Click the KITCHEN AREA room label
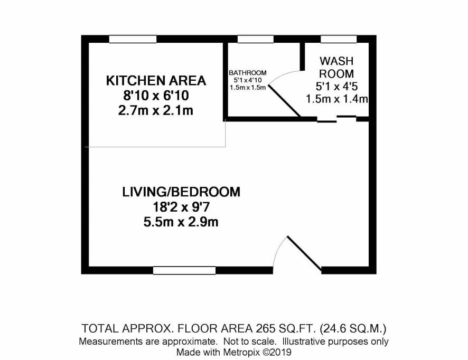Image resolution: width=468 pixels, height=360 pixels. (x=156, y=81)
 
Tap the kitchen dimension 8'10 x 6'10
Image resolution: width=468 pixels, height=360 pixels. (x=156, y=96)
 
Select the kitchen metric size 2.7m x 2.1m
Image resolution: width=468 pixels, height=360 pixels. (x=156, y=111)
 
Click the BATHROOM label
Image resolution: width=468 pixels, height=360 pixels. (x=247, y=73)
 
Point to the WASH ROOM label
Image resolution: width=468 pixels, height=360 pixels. (x=336, y=67)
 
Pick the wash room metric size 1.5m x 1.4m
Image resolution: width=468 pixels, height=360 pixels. (x=336, y=99)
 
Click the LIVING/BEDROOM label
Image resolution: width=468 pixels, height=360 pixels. (x=181, y=192)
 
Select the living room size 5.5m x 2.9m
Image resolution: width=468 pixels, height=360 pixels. (x=181, y=222)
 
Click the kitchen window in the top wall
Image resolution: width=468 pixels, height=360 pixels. (x=133, y=39)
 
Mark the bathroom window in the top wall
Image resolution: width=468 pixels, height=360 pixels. (x=256, y=39)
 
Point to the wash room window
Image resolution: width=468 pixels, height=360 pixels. (x=339, y=39)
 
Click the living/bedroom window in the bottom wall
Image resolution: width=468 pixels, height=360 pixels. (x=184, y=270)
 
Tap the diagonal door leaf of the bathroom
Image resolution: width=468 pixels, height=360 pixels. (x=284, y=101)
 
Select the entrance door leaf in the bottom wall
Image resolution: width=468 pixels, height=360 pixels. (x=304, y=253)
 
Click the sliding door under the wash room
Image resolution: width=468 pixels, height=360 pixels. (x=336, y=119)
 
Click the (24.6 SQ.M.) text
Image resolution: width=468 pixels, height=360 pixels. (x=353, y=329)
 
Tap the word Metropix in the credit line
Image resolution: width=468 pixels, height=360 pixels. (x=242, y=352)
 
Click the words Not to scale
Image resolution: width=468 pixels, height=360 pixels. (x=249, y=341)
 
